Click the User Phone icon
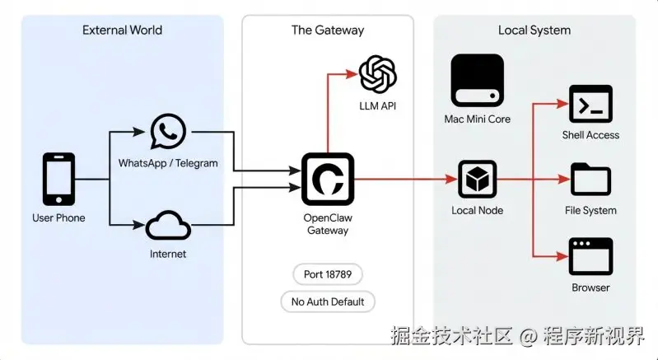[x=58, y=179]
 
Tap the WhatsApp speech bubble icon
[x=168, y=131]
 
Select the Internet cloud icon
[x=168, y=226]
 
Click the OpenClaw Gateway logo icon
[x=328, y=179]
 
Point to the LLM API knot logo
[x=378, y=74]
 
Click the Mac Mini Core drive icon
[x=477, y=81]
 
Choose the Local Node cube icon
[x=477, y=179]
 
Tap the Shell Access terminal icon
[x=590, y=104]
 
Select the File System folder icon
[x=590, y=179]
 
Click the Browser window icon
[x=590, y=256]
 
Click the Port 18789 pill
[x=328, y=274]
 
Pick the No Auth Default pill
[x=328, y=302]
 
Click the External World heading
[x=122, y=30]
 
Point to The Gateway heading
[x=328, y=30]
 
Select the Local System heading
[x=534, y=30]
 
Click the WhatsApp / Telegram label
[x=168, y=163]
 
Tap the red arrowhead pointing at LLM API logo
[x=352, y=74]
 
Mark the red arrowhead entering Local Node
[x=451, y=179]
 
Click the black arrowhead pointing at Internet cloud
[x=139, y=226]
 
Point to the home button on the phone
[x=58, y=199]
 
